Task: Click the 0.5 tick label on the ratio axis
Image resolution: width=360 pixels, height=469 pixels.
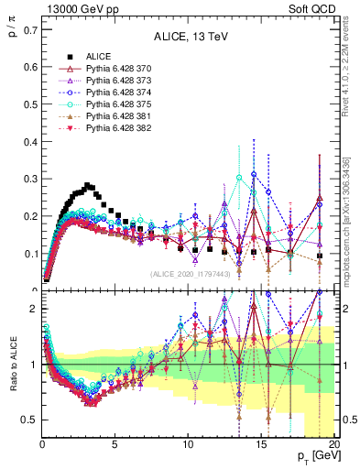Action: point(28,420)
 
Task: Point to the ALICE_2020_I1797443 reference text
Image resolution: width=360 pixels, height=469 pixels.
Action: point(190,274)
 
